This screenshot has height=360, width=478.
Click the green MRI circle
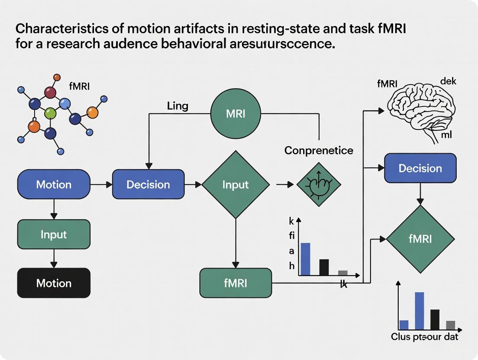[x=236, y=114]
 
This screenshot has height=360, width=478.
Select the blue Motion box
[x=54, y=184]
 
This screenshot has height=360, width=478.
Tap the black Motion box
[x=54, y=283]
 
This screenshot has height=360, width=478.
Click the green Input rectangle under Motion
[x=54, y=234]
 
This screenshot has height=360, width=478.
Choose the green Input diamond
[x=236, y=184]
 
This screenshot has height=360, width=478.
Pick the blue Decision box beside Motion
[x=148, y=184]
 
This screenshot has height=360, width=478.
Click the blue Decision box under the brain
[x=420, y=168]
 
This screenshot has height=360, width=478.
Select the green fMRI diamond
[x=420, y=239]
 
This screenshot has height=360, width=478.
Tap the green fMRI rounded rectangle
[x=236, y=283]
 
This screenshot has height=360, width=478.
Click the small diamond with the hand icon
[x=319, y=184]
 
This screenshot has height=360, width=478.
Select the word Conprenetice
[x=319, y=151]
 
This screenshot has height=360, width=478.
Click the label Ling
[x=177, y=106]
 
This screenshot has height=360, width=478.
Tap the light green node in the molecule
[x=51, y=113]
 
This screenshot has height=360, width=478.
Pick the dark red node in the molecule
[x=51, y=92]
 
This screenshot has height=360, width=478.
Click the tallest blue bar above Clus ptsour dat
[x=419, y=311]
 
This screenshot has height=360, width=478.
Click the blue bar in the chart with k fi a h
[x=305, y=259]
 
